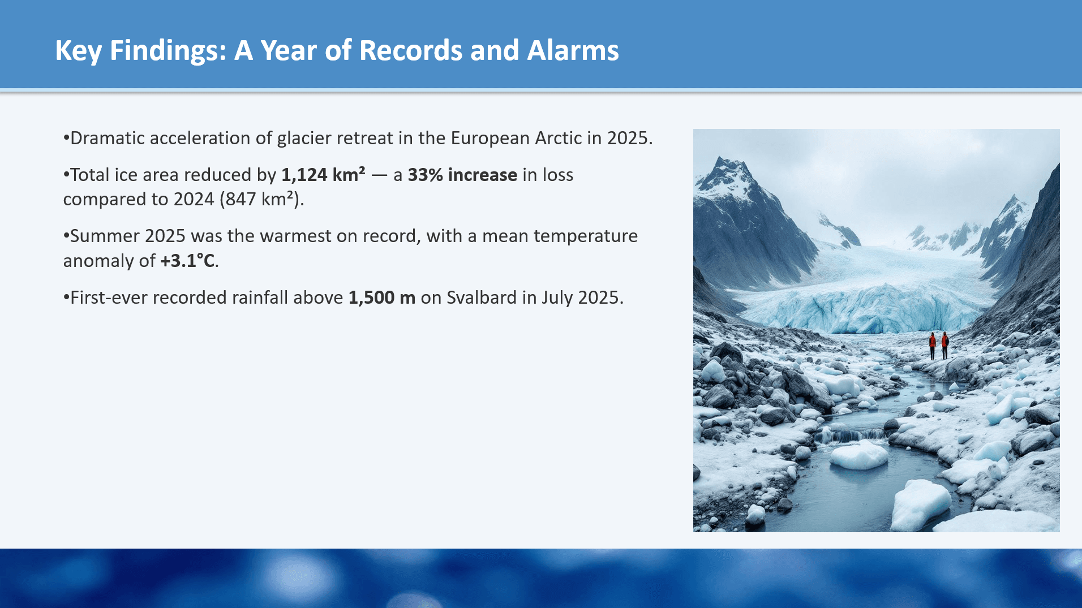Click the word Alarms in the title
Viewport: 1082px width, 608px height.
pos(573,50)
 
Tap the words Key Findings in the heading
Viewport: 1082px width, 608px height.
pos(140,50)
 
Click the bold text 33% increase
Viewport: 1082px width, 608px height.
pos(462,175)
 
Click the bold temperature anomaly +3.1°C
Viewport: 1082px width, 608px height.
pos(187,261)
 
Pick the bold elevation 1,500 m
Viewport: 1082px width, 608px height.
pos(381,297)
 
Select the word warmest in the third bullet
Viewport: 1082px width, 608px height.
pos(296,236)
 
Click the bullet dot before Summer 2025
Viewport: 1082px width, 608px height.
pos(66,236)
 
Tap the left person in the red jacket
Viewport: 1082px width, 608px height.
pos(932,345)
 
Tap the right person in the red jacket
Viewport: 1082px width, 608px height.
pos(944,345)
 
